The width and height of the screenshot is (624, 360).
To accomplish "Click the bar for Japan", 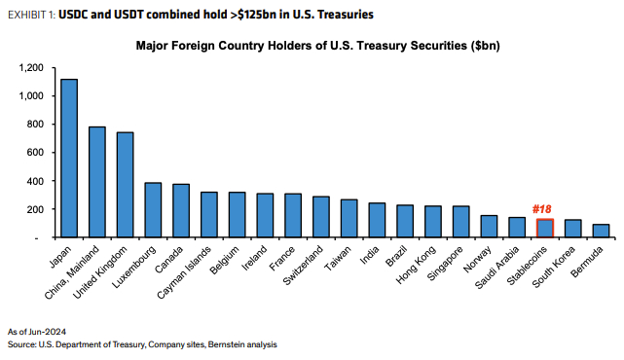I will pyautogui.click(x=69, y=158).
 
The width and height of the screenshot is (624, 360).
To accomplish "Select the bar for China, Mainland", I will pyautogui.click(x=97, y=182).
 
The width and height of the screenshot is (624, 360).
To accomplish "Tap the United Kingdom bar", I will pyautogui.click(x=125, y=185).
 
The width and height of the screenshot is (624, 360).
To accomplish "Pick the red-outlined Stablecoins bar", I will pyautogui.click(x=545, y=229).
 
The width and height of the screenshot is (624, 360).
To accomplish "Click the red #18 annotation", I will pyautogui.click(x=545, y=209).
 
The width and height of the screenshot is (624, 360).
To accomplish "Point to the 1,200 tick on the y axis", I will pyautogui.click(x=30, y=67).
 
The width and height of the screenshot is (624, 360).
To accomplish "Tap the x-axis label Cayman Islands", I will pyautogui.click(x=190, y=266).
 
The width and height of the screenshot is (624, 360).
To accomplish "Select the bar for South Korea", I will pyautogui.click(x=573, y=229).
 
